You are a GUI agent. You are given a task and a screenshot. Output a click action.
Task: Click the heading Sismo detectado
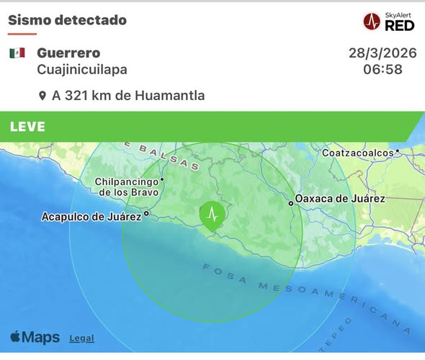click(67, 19)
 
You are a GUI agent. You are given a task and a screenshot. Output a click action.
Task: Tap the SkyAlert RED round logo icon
click(372, 22)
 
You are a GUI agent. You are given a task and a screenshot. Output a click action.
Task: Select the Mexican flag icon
click(17, 53)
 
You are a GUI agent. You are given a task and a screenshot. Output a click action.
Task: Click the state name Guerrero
click(68, 53)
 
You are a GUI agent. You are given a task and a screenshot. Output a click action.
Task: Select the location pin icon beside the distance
click(42, 96)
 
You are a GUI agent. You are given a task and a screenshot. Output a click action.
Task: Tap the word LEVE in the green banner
click(28, 127)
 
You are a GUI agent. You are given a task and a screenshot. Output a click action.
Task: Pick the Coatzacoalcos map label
click(357, 153)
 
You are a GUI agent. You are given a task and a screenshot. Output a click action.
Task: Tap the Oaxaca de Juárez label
click(341, 199)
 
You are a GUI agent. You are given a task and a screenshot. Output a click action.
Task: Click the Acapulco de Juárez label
click(91, 216)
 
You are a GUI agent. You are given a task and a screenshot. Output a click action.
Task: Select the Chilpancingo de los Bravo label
click(127, 186)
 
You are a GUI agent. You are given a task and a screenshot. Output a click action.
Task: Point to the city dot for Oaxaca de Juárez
click(291, 203)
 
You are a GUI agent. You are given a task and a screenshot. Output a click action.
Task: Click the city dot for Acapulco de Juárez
click(146, 213)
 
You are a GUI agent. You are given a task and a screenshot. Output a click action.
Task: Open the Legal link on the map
click(81, 338)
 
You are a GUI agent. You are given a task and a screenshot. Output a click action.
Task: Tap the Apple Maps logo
click(35, 337)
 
